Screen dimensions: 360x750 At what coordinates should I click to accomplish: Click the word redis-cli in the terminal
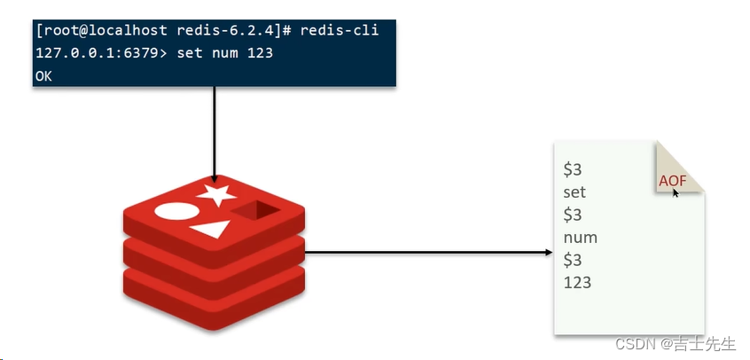(x=339, y=31)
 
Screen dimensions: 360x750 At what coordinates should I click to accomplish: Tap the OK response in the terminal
(x=44, y=76)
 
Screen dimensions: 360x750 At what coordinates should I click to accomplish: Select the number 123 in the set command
(x=260, y=53)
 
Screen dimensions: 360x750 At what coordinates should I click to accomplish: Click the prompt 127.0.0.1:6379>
(x=90, y=53)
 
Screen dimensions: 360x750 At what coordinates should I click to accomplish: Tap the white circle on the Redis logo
(x=175, y=213)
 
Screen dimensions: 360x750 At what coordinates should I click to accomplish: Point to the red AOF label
(x=672, y=180)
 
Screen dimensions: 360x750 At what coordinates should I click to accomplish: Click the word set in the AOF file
(x=574, y=192)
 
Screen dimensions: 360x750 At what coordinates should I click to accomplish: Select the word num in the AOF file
(x=580, y=238)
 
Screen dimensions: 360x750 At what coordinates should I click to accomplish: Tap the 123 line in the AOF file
(x=577, y=283)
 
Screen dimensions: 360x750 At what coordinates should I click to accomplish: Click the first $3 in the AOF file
(x=573, y=168)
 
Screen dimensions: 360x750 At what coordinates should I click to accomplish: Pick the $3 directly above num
(x=573, y=215)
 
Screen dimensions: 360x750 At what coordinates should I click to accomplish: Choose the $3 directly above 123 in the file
(x=573, y=260)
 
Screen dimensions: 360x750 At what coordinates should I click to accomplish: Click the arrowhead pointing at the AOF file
(x=549, y=252)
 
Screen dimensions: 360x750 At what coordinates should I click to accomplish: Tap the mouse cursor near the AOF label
(x=676, y=192)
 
